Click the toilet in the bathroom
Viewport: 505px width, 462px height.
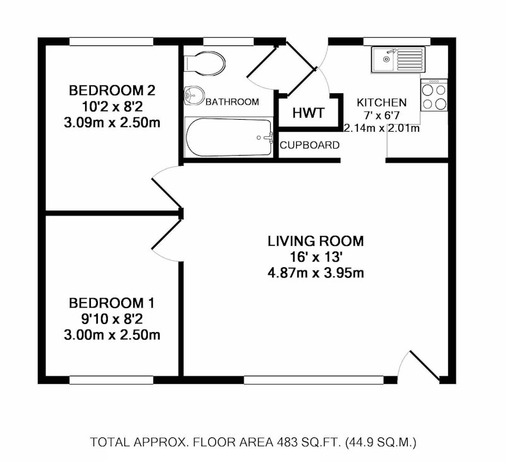tap(204, 63)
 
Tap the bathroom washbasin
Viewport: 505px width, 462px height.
tap(193, 95)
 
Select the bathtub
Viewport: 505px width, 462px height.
tap(229, 137)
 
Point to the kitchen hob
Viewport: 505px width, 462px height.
tap(434, 95)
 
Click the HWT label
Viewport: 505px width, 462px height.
tap(308, 113)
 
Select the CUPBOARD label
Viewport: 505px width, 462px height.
tap(310, 146)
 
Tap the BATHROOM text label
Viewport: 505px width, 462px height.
tap(232, 102)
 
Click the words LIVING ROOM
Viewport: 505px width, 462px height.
tap(316, 241)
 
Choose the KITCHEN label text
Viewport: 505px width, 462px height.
tap(382, 103)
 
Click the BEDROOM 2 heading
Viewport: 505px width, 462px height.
tap(112, 90)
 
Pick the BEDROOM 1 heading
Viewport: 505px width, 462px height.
tap(112, 303)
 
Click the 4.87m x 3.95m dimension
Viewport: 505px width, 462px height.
tap(316, 274)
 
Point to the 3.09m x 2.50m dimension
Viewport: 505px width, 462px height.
tap(112, 123)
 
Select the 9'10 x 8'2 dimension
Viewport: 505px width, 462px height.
tap(112, 320)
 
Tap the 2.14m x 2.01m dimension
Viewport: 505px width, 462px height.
tap(382, 129)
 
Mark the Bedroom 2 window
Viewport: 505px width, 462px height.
tap(112, 42)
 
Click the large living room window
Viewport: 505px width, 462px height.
tap(314, 380)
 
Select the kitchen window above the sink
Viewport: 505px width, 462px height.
tap(397, 42)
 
